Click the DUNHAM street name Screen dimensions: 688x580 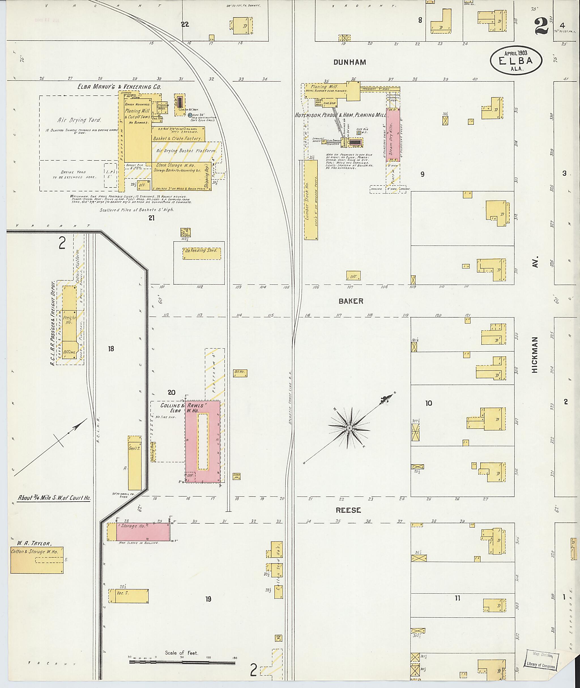349,62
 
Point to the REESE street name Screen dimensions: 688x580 348,510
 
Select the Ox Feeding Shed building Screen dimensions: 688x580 202,254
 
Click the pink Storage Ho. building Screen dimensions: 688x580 143,532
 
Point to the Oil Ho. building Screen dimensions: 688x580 240,373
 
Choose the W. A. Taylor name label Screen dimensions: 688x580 31,544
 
